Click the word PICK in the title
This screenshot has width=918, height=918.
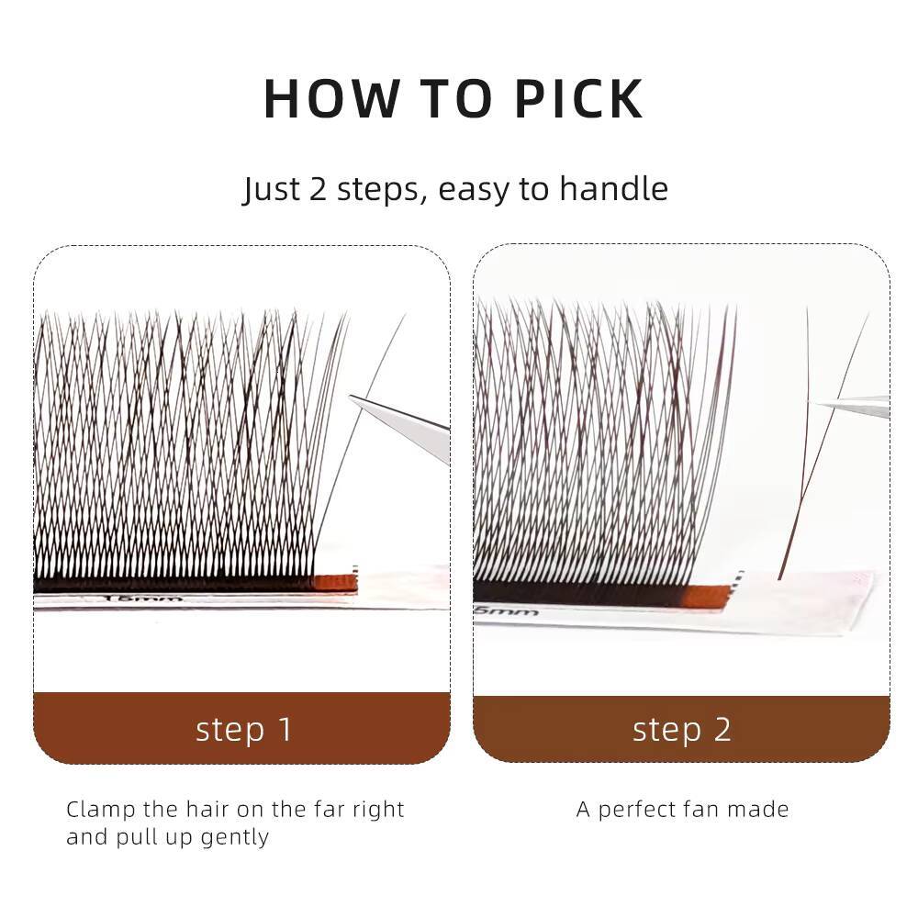578,99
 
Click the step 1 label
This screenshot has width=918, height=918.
243,729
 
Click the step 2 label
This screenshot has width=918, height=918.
682,729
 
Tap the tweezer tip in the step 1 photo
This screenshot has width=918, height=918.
353,398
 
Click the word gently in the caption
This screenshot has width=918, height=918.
235,838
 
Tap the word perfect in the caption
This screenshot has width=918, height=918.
647,810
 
